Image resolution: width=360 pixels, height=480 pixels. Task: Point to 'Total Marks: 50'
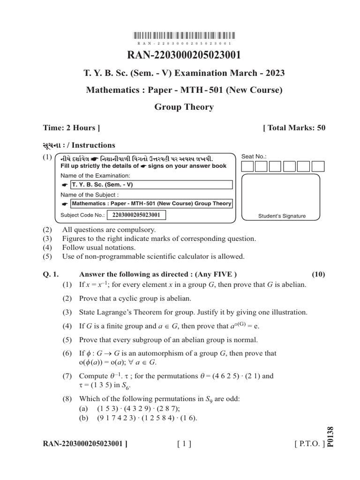(x=294, y=127)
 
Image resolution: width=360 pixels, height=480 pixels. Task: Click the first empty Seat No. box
(x=247, y=166)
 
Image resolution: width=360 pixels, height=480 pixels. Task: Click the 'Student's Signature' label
(x=282, y=216)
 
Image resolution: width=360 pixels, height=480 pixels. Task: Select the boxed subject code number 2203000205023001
(x=136, y=215)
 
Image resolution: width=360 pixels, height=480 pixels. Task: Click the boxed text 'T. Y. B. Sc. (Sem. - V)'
(x=102, y=184)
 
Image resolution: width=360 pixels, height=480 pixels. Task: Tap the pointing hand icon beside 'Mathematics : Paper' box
(x=65, y=204)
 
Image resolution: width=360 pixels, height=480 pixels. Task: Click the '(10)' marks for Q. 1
(x=318, y=274)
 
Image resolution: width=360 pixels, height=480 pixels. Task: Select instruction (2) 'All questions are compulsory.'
(x=108, y=230)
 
